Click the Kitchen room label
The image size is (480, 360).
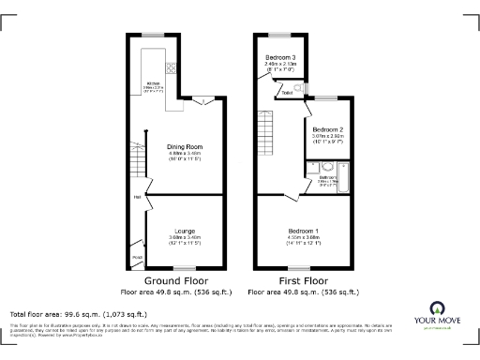click(x=154, y=83)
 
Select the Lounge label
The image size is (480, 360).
click(x=185, y=231)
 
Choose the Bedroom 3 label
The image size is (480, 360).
click(x=279, y=58)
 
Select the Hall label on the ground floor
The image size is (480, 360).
click(x=137, y=197)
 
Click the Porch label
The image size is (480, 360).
click(x=136, y=258)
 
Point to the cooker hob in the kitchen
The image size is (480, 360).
click(x=172, y=67)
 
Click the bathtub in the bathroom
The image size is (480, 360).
click(x=344, y=182)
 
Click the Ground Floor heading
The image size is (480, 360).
click(x=176, y=280)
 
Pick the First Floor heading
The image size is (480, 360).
click(x=303, y=280)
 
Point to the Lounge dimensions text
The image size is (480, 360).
click(x=185, y=240)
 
